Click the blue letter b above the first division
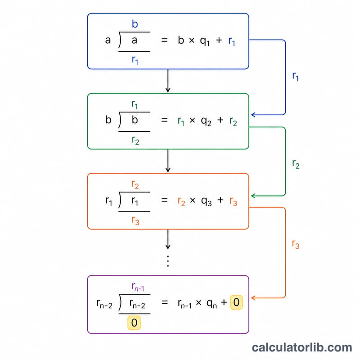click(x=135, y=24)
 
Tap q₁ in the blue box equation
click(x=205, y=41)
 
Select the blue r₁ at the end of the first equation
click(x=232, y=41)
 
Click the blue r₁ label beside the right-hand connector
click(x=296, y=76)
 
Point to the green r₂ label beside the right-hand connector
click(x=296, y=164)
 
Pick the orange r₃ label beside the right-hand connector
click(x=296, y=244)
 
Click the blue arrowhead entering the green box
click(x=253, y=115)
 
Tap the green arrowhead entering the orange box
click(x=253, y=196)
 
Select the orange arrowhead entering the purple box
click(x=253, y=298)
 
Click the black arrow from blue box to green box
click(x=168, y=81)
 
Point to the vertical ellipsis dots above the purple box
click(x=168, y=261)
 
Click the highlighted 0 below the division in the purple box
click(x=134, y=323)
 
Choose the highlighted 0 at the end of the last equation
click(x=236, y=302)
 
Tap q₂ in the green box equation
click(x=206, y=121)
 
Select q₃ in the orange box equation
click(x=206, y=201)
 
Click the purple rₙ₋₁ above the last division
click(x=138, y=287)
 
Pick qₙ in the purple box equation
click(x=211, y=303)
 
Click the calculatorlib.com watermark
click(x=302, y=347)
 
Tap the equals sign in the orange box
click(x=164, y=200)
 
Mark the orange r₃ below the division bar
click(x=135, y=220)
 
